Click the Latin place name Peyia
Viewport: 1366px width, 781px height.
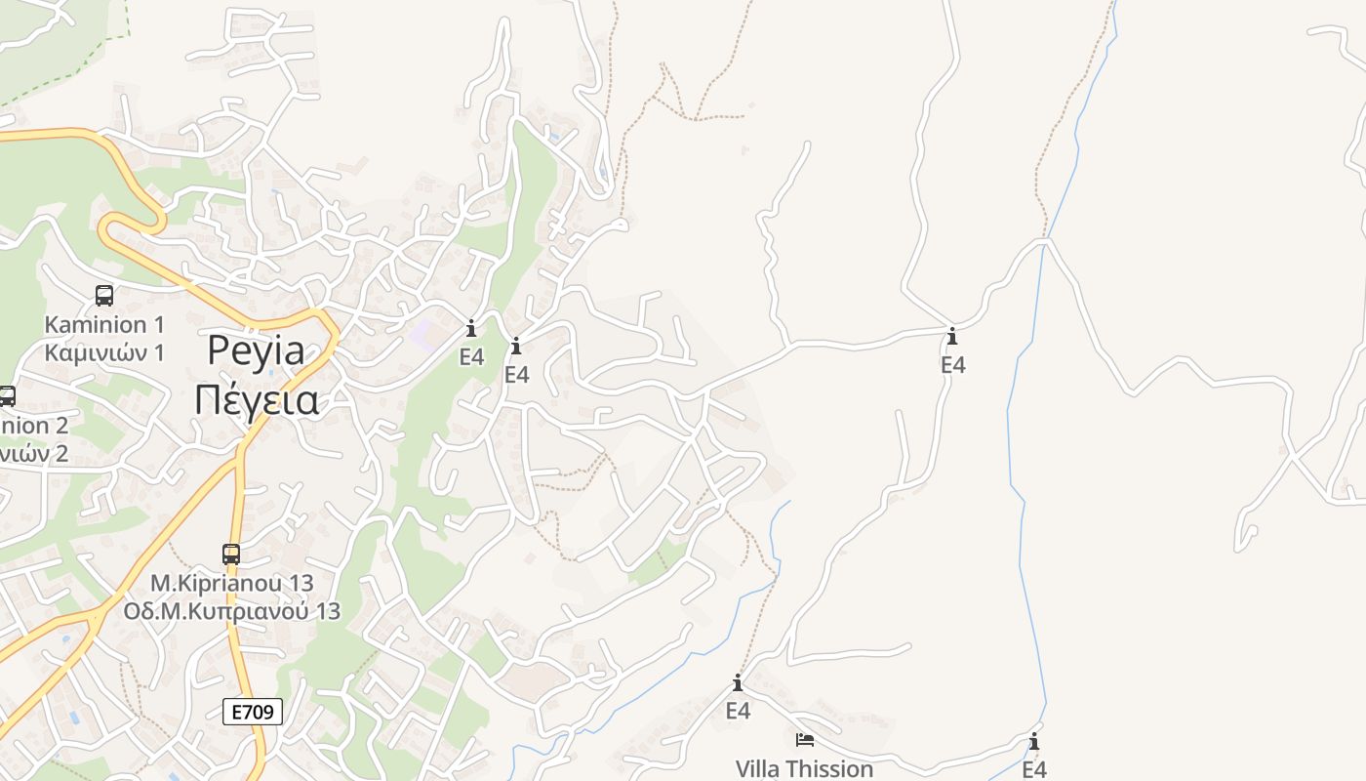tap(256, 351)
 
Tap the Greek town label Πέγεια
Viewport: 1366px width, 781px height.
tap(256, 400)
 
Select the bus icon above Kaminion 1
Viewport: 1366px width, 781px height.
tap(104, 295)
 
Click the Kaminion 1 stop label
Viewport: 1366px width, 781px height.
tap(104, 324)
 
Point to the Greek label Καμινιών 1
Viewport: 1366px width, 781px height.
tap(104, 352)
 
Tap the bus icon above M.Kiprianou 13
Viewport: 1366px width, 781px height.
tap(231, 555)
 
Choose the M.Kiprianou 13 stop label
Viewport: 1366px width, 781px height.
tap(231, 583)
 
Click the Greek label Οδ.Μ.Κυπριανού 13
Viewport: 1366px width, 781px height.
tap(231, 611)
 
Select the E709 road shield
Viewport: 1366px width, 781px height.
tap(253, 712)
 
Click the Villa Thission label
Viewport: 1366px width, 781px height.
tap(804, 769)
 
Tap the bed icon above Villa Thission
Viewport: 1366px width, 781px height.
tap(804, 740)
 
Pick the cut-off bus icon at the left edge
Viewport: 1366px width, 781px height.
tap(7, 396)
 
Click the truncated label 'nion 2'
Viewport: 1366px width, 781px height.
tap(35, 426)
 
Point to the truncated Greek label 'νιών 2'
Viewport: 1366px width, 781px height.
tap(35, 453)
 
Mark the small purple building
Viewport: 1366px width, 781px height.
tap(423, 335)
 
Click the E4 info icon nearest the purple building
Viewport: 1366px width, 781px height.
tap(471, 328)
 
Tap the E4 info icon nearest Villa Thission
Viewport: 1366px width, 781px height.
tap(738, 683)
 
